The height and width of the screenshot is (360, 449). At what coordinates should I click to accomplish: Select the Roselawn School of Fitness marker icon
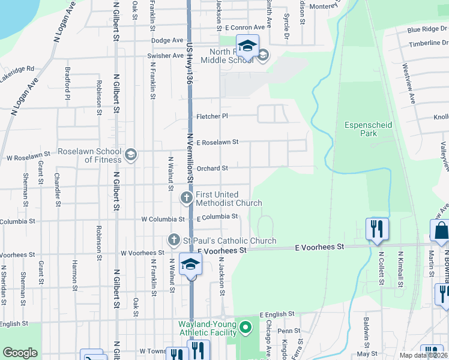click(x=130, y=156)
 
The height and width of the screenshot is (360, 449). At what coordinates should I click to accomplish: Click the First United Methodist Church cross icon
click(x=187, y=197)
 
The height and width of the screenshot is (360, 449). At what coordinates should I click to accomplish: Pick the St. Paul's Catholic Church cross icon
click(x=174, y=240)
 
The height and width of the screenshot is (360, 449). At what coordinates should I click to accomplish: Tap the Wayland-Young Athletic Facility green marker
click(x=245, y=328)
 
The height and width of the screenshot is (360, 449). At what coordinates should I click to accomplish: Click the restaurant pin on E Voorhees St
click(x=377, y=229)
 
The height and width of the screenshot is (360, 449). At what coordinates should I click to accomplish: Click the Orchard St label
click(x=212, y=169)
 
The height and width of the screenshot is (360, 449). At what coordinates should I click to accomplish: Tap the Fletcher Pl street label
click(x=212, y=116)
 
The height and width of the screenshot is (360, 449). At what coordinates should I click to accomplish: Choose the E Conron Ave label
click(x=245, y=28)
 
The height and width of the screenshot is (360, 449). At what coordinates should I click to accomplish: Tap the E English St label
click(x=277, y=314)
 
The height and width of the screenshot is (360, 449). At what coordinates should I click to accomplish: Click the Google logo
click(x=20, y=353)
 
